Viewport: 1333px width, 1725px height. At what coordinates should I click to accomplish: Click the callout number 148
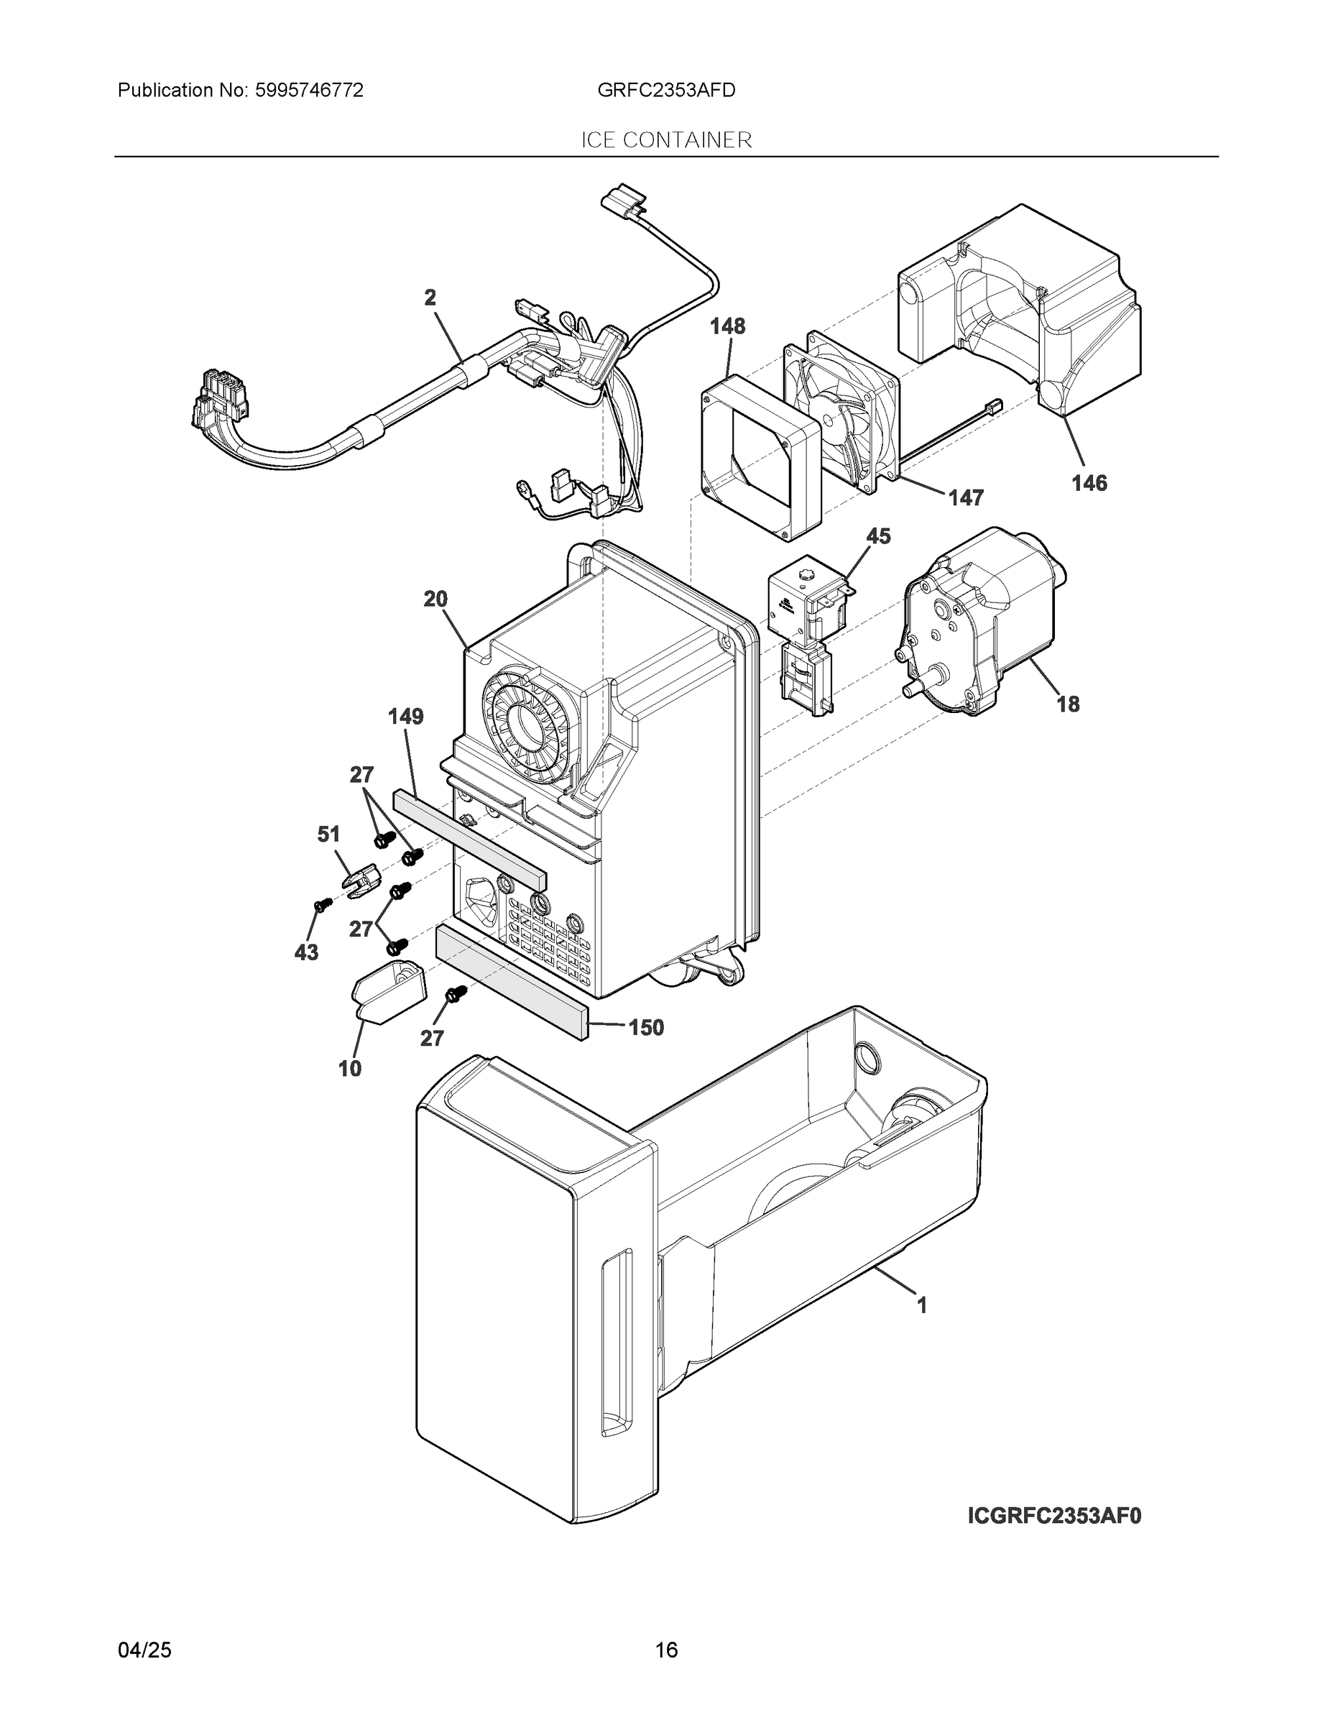(x=727, y=326)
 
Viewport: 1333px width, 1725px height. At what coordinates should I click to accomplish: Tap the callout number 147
(x=966, y=497)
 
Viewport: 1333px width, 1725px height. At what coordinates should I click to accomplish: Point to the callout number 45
(x=878, y=536)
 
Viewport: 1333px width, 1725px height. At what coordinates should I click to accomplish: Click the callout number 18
(x=1068, y=704)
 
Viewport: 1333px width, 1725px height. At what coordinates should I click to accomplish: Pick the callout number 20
(x=435, y=599)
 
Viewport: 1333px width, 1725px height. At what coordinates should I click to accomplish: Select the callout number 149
(x=405, y=717)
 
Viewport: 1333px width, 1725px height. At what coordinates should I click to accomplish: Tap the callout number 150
(x=646, y=1028)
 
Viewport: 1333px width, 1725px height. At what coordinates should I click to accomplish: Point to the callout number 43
(x=306, y=952)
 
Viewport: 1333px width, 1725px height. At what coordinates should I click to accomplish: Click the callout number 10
(x=350, y=1069)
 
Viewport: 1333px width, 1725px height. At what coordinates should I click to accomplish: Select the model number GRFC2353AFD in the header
(x=665, y=91)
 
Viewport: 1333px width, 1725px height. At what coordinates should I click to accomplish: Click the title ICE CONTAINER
(x=665, y=141)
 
